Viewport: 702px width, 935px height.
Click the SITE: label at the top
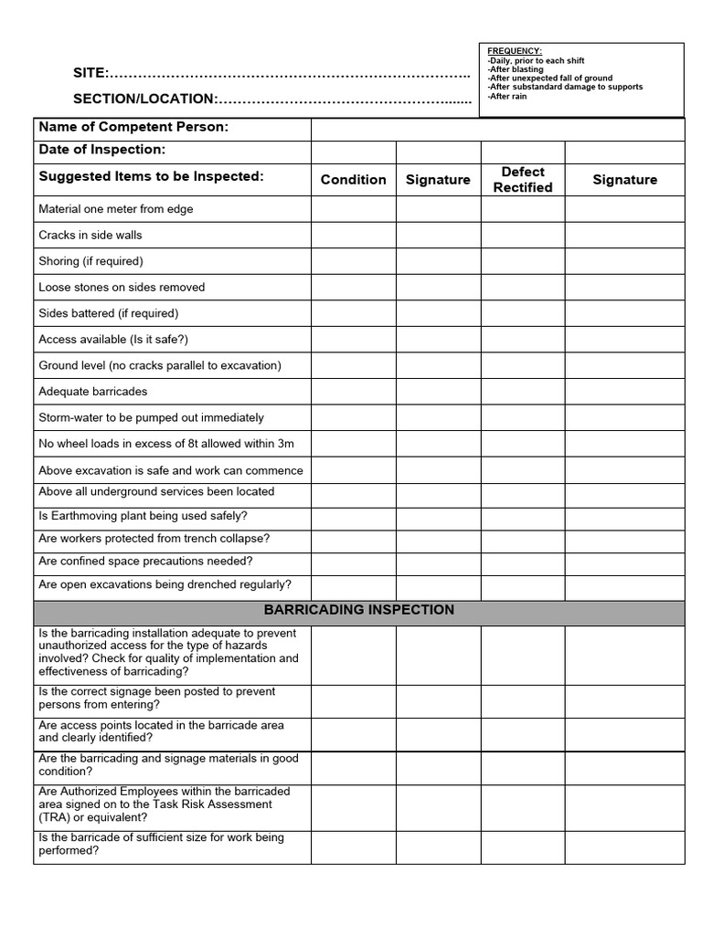pyautogui.click(x=91, y=73)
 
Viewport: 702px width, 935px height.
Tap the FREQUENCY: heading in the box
pyautogui.click(x=515, y=51)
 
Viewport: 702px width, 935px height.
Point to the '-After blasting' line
pyautogui.click(x=516, y=69)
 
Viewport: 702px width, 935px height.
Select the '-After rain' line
pyautogui.click(x=507, y=96)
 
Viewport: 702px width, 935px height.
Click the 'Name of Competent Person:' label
pyautogui.click(x=133, y=127)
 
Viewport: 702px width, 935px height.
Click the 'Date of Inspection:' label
pyautogui.click(x=102, y=150)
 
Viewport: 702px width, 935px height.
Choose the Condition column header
pyautogui.click(x=353, y=180)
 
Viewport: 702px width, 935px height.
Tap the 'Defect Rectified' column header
pyautogui.click(x=523, y=180)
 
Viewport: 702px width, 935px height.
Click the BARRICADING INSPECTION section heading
pyautogui.click(x=359, y=610)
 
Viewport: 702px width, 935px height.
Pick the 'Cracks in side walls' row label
pyautogui.click(x=90, y=236)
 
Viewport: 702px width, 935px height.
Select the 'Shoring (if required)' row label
pyautogui.click(x=91, y=261)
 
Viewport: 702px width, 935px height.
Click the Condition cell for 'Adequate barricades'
pyautogui.click(x=353, y=392)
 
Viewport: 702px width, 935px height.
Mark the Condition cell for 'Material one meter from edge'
pyautogui.click(x=353, y=209)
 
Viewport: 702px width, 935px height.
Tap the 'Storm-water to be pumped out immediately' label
pyautogui.click(x=151, y=418)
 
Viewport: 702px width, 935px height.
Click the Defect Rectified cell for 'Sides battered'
pyautogui.click(x=523, y=313)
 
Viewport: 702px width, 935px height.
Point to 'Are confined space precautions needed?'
pyautogui.click(x=145, y=562)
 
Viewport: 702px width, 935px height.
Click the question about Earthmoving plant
pyautogui.click(x=143, y=516)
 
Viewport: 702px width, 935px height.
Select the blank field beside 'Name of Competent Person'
pyautogui.click(x=497, y=128)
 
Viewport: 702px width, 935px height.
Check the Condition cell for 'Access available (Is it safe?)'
pyautogui.click(x=353, y=340)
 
